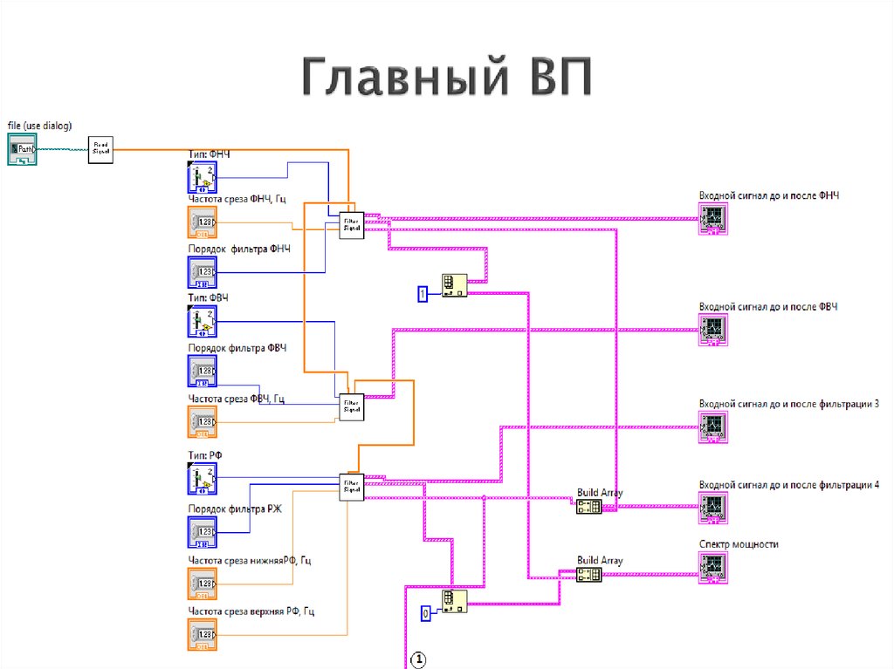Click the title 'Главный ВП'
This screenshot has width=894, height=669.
[x=446, y=79]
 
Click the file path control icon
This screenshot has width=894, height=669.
[x=23, y=149]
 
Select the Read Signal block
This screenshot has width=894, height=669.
[x=101, y=149]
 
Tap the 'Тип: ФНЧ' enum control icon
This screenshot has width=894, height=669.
[x=203, y=178]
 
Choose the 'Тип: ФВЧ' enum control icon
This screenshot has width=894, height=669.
[x=203, y=322]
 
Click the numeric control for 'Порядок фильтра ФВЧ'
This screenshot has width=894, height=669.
[x=203, y=372]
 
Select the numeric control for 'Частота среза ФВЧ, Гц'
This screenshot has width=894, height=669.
[x=203, y=421]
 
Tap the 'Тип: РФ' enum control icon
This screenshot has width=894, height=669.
[x=203, y=478]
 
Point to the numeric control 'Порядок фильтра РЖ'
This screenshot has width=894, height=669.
[x=203, y=530]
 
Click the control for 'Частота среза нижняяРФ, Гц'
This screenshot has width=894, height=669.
[x=203, y=583]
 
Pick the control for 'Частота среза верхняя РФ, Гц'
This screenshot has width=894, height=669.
[x=203, y=634]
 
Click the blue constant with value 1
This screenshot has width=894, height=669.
[x=423, y=295]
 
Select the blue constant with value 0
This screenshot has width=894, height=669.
[x=426, y=614]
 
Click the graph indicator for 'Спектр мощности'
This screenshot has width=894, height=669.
[x=713, y=566]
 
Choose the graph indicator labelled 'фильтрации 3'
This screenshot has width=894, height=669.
[x=713, y=425]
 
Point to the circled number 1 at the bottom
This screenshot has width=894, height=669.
[x=418, y=659]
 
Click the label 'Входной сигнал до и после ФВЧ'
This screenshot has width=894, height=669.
[x=768, y=307]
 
